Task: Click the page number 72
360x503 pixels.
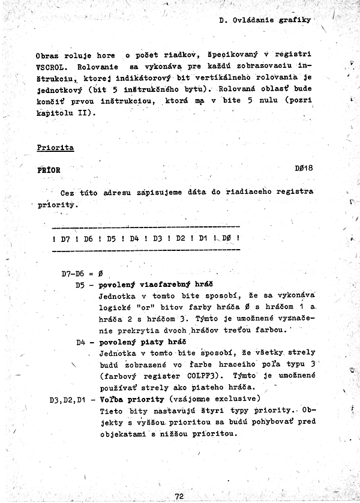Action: (x=179, y=496)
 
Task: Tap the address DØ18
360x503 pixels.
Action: (x=304, y=169)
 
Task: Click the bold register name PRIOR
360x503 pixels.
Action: (x=49, y=169)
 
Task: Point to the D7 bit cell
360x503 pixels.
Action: (x=65, y=238)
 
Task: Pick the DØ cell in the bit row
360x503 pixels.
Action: (x=226, y=238)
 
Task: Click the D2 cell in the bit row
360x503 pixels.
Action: (x=179, y=238)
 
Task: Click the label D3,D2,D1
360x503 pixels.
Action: (x=68, y=399)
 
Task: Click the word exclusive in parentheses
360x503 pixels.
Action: (x=238, y=399)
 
